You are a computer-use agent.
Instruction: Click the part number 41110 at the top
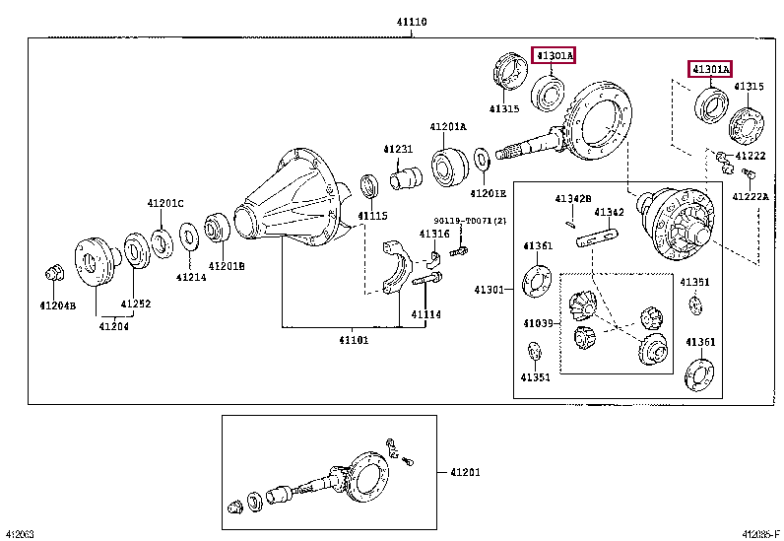pos(412,22)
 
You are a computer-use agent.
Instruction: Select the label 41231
pos(398,149)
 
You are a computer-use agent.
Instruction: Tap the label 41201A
pos(447,127)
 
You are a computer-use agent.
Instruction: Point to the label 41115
pos(372,215)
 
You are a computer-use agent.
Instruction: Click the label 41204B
pos(57,304)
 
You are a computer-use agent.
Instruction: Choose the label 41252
pos(136,304)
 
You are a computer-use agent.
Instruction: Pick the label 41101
pos(354,340)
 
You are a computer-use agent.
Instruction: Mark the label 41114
pos(425,314)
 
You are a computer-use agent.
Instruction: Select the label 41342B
pos(571,198)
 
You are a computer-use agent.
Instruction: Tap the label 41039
pos(539,322)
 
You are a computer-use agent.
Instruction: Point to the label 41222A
pos(751,197)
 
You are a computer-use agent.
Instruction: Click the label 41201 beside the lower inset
pos(466,472)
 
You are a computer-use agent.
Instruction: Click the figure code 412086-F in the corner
pos(760,533)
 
